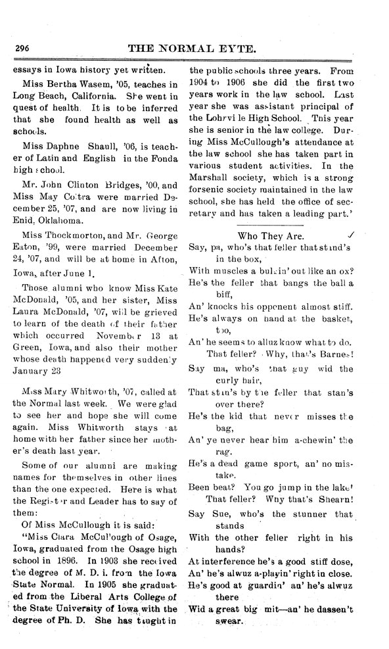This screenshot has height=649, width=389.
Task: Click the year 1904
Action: tap(200, 83)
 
